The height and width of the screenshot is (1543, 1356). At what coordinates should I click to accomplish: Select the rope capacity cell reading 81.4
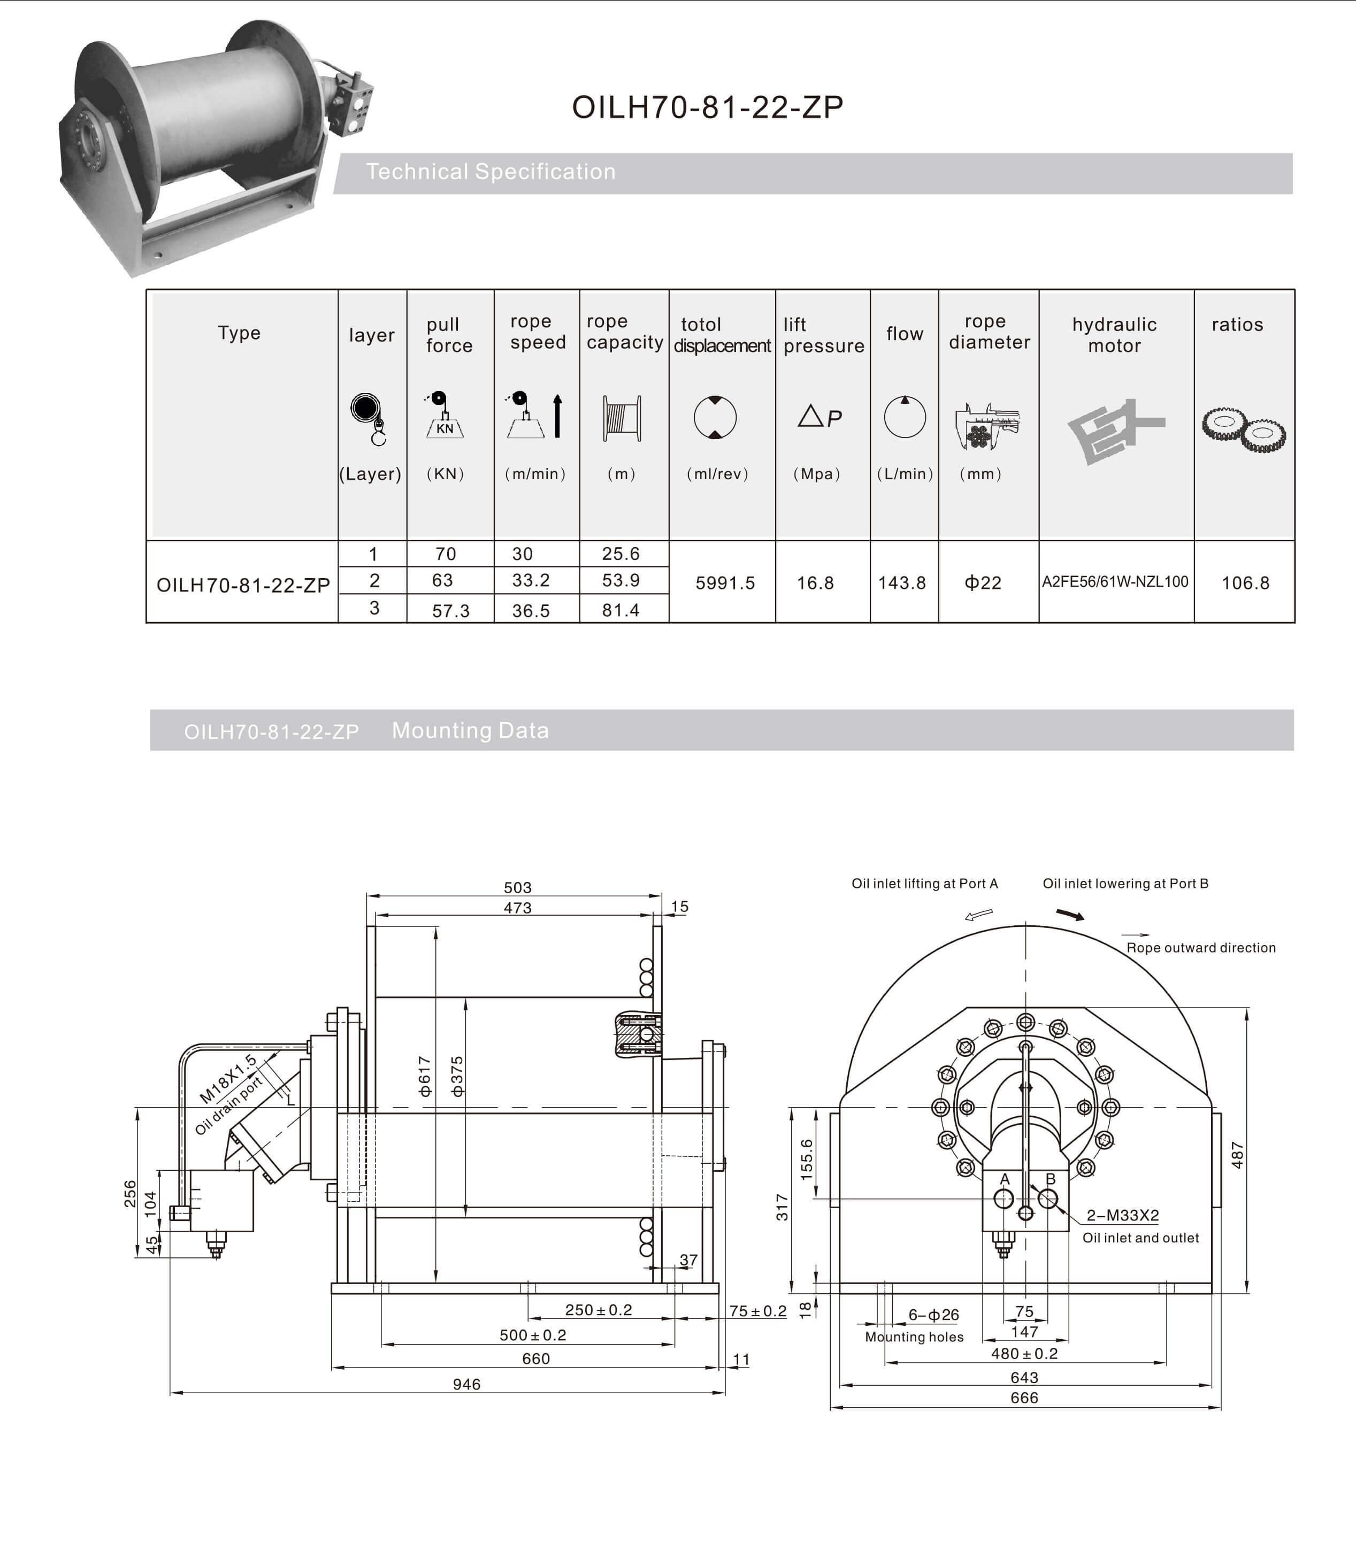(620, 610)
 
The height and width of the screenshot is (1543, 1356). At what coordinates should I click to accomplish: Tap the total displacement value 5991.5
(725, 583)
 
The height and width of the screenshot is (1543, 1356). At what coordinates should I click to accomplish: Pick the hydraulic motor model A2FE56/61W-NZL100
(1115, 582)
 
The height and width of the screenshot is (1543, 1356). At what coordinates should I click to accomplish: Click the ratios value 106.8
(1245, 583)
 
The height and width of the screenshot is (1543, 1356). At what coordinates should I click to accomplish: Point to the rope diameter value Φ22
(983, 583)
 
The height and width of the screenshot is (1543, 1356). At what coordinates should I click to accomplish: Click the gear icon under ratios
(1244, 429)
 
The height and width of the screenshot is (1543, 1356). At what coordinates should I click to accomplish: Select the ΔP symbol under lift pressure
(819, 417)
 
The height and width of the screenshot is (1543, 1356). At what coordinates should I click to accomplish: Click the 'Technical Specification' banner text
(491, 172)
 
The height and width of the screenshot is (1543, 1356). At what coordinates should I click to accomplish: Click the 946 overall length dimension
(466, 1384)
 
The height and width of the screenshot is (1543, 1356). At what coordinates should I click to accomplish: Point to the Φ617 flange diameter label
(424, 1076)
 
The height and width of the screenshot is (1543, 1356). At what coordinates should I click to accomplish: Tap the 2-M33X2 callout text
(1122, 1215)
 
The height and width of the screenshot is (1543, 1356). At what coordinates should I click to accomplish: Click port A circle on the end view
(1003, 1198)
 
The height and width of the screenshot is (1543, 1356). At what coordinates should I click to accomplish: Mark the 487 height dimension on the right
(1237, 1155)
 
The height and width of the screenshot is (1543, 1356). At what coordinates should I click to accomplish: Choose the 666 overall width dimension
(1024, 1398)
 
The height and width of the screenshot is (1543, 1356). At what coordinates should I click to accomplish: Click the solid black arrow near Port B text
(1070, 915)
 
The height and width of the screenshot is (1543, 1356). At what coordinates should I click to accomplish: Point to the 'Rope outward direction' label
(1200, 947)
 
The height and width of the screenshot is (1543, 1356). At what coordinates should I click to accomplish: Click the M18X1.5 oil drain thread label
(228, 1079)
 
